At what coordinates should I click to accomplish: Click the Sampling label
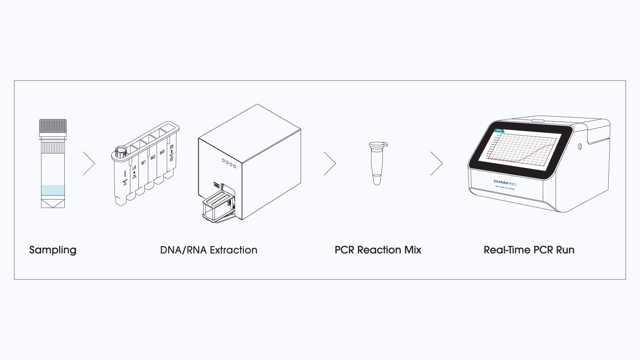(53, 250)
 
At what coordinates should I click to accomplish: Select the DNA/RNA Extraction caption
(208, 250)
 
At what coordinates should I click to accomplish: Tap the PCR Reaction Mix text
(378, 250)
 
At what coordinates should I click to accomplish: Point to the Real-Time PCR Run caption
(529, 250)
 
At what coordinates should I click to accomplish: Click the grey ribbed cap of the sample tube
(53, 126)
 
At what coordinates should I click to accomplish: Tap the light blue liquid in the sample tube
(53, 190)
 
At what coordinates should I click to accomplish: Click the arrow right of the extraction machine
(330, 163)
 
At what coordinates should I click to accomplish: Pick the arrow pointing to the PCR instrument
(437, 163)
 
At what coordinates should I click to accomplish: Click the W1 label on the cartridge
(143, 163)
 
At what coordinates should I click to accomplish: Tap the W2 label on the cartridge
(153, 158)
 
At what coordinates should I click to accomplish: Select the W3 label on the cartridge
(162, 152)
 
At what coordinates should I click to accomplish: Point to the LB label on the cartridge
(134, 168)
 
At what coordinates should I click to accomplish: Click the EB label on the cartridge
(172, 147)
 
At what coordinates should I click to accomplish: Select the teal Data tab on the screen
(499, 130)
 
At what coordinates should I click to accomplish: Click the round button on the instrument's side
(580, 147)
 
